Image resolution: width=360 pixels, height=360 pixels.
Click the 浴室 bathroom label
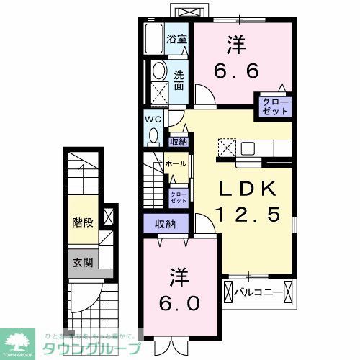(x=178, y=39)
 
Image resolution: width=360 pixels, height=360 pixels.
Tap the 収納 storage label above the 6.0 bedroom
(x=165, y=224)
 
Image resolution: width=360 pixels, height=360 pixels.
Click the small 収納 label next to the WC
(x=178, y=142)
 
